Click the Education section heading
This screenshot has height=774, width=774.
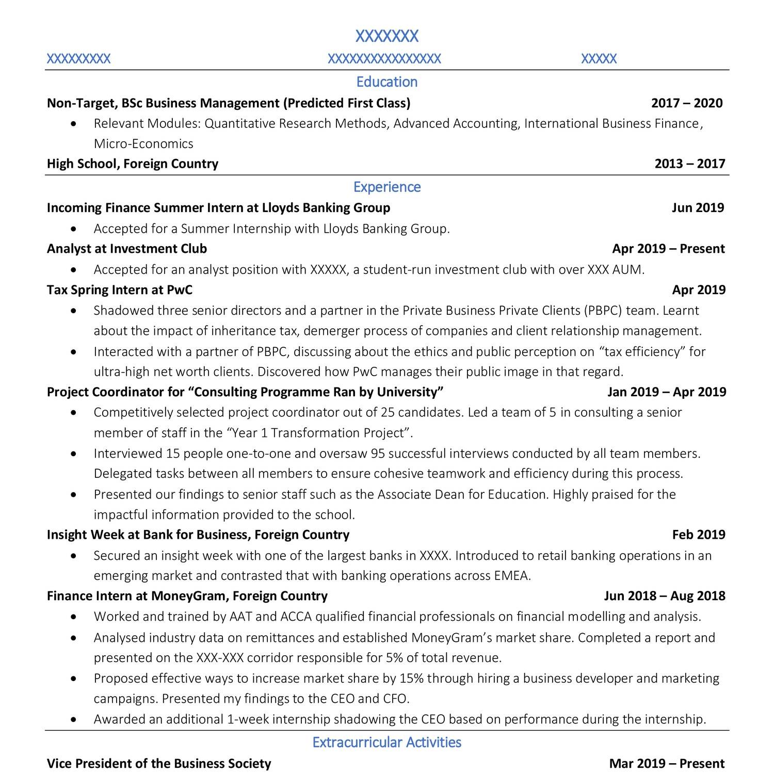pos(386,82)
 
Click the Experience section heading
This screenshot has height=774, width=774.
pos(386,187)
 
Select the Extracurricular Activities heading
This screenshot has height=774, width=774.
pos(386,743)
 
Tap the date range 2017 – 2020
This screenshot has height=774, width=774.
pos(687,103)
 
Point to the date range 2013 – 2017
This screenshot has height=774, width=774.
pos(689,164)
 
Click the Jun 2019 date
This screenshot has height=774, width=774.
pos(698,208)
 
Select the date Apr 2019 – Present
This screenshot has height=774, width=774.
pos(668,249)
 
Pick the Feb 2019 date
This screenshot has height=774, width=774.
pos(698,535)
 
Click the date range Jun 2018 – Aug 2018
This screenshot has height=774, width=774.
pos(664,596)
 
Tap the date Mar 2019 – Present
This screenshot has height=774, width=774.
pos(667,764)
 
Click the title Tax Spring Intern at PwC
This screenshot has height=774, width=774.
pos(120,290)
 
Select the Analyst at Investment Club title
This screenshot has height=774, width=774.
pos(127,249)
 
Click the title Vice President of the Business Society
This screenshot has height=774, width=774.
pos(159,764)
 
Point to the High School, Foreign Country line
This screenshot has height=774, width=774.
pos(133,164)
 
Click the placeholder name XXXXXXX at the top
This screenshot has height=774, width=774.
pos(386,36)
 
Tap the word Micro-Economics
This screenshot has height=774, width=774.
pos(143,144)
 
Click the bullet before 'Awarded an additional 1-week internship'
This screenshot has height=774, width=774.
pos(75,720)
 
